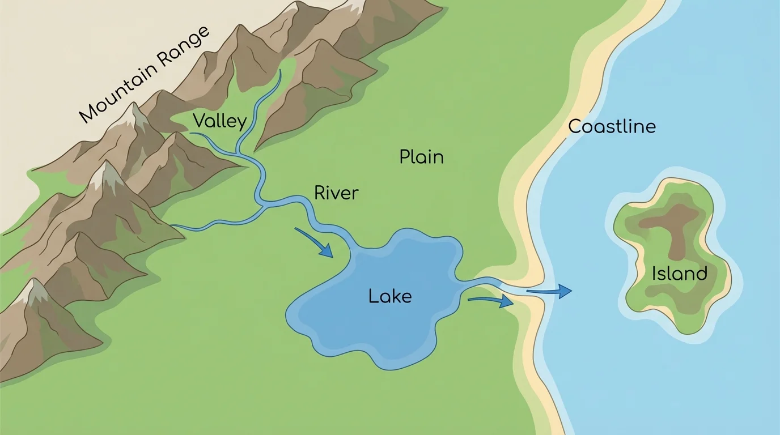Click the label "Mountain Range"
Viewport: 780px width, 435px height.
tap(145, 74)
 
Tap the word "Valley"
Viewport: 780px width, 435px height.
tap(219, 122)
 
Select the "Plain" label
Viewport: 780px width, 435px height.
tap(421, 157)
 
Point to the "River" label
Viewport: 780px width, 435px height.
tap(336, 193)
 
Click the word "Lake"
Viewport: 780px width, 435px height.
tap(389, 296)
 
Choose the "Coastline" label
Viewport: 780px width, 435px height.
tap(612, 126)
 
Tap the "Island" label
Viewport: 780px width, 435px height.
tap(679, 274)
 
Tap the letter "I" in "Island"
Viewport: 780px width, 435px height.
tap(654, 274)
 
